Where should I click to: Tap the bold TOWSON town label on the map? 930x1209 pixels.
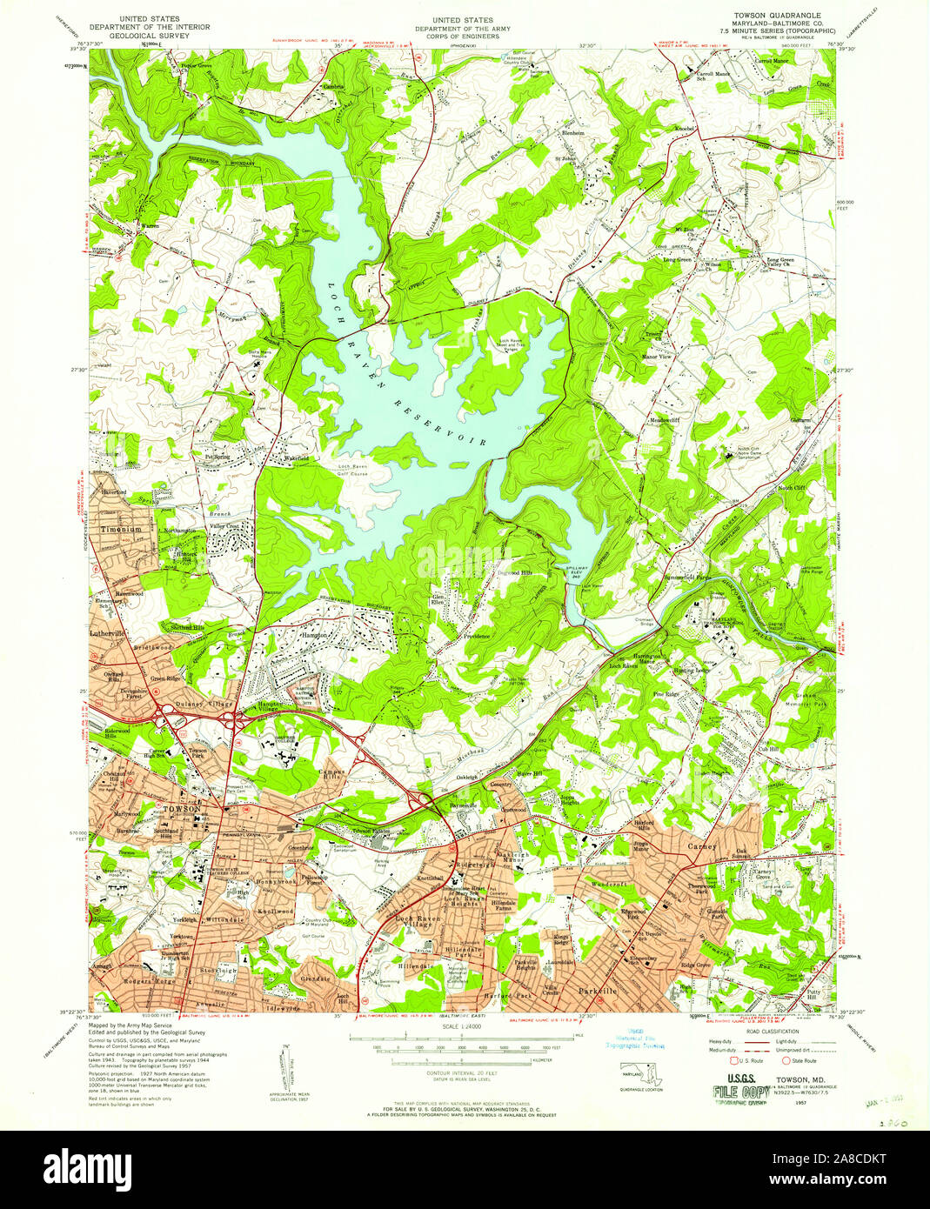(182, 809)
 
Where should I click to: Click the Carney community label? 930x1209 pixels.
(701, 845)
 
